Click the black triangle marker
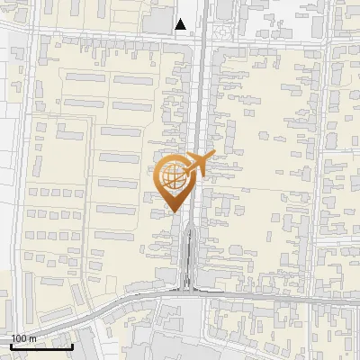click(x=182, y=24)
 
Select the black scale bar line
click(x=41, y=346)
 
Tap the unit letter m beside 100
click(x=32, y=338)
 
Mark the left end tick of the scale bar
click(x=11, y=345)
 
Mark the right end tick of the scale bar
click(x=73, y=345)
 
